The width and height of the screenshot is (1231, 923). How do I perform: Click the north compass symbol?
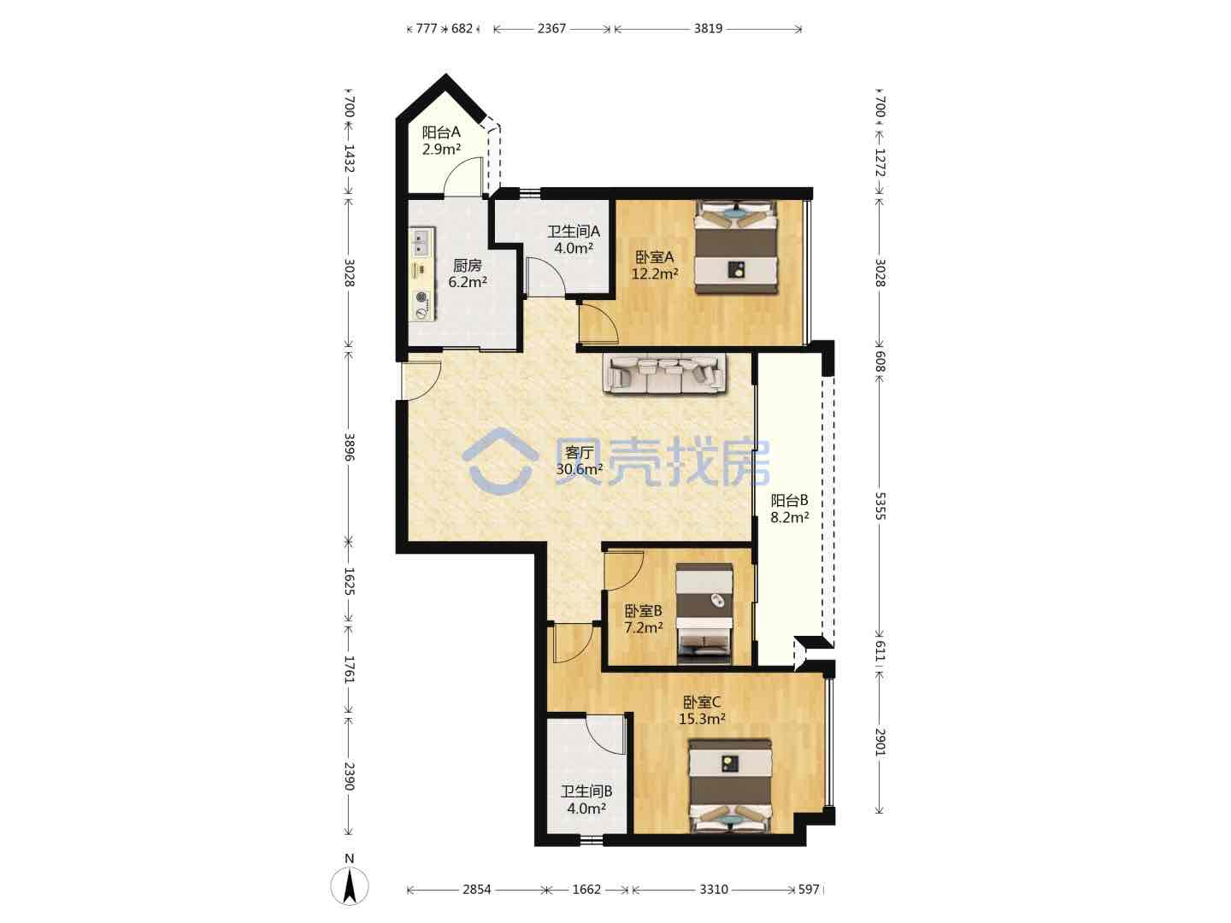pos(350,885)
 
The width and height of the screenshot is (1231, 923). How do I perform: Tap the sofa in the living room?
pos(664,373)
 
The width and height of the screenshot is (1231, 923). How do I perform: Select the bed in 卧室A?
pos(736,247)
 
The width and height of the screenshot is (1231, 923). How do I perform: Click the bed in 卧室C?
pos(730,785)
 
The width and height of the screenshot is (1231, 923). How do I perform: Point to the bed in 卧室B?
pos(704,614)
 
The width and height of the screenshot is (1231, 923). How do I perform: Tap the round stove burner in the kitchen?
pos(421,297)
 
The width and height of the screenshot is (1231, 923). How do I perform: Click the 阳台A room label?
pos(441,132)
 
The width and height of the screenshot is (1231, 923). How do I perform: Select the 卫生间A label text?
pos(573,231)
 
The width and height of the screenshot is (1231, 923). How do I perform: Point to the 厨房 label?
pos(467,265)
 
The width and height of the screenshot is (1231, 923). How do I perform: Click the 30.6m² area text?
pos(580,468)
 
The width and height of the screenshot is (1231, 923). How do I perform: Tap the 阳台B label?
pos(789,500)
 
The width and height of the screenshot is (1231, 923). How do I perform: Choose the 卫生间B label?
pos(586,791)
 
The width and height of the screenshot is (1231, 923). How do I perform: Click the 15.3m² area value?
pos(702,719)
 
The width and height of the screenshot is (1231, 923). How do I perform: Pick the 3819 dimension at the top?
pos(708,28)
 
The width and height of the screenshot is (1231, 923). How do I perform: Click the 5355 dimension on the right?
pos(880,506)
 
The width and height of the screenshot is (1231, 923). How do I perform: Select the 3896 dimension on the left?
pos(349,447)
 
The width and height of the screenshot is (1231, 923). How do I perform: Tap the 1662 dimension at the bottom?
pos(586,890)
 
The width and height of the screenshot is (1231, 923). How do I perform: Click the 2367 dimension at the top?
pos(551,28)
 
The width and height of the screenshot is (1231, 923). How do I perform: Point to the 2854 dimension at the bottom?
pos(477,890)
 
